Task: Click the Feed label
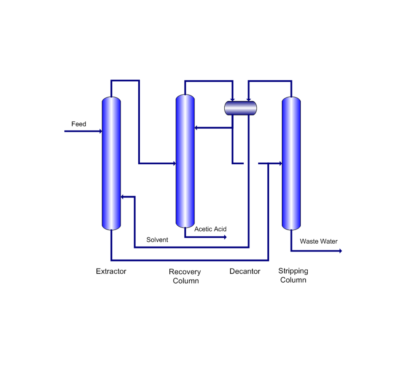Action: [x=79, y=124]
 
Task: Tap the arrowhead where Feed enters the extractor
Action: [x=101, y=131]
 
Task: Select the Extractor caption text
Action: [x=111, y=271]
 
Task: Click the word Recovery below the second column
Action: [x=185, y=272]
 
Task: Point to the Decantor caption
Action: [x=245, y=271]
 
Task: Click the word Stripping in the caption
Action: [x=293, y=271]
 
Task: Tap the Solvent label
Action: [x=157, y=240]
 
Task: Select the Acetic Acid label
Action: [x=210, y=229]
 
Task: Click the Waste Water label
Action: [x=318, y=241]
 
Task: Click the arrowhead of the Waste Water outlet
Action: [x=340, y=251]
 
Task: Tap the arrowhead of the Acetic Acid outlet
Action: [x=225, y=237]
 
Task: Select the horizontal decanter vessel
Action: [x=240, y=108]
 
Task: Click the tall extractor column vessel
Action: [x=111, y=163]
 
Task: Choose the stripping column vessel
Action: [x=291, y=163]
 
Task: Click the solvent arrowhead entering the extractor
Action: [x=122, y=197]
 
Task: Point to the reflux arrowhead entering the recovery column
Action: [x=196, y=128]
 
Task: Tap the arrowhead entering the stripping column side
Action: [x=281, y=164]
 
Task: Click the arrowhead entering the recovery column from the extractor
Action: [x=175, y=164]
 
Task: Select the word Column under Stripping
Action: [x=293, y=280]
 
